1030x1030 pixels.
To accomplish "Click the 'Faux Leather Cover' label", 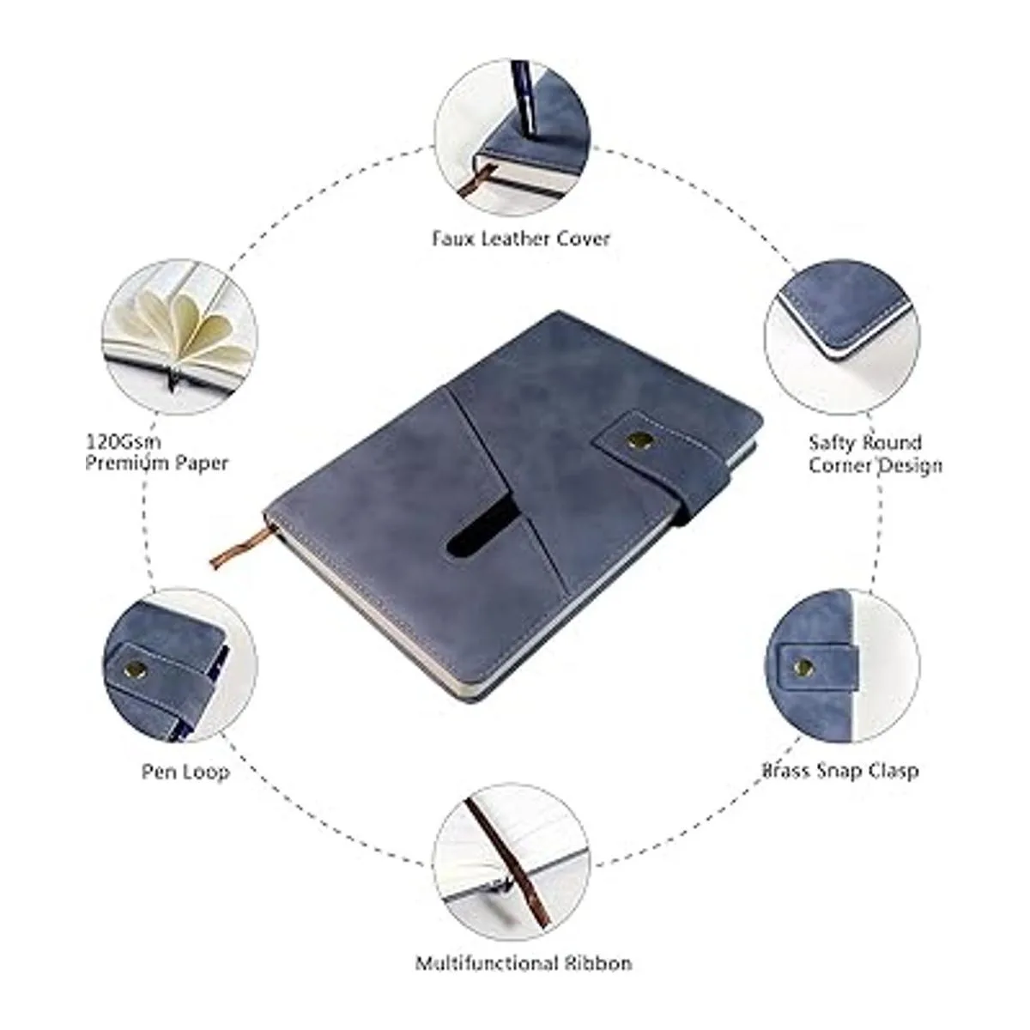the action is click(x=521, y=239).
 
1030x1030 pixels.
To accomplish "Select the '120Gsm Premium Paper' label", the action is click(x=157, y=452).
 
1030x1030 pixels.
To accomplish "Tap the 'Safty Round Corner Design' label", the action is click(x=875, y=454).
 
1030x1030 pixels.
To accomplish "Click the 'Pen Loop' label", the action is click(x=185, y=772).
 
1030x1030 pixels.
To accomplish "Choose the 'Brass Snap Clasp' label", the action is click(x=840, y=770).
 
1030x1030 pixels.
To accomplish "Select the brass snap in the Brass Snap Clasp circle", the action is click(x=803, y=666).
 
